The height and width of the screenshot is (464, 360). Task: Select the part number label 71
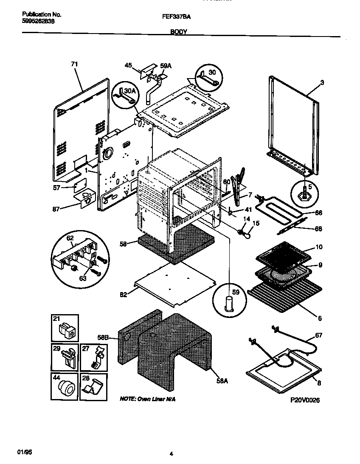click(74, 64)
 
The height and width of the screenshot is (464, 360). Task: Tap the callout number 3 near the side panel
click(322, 83)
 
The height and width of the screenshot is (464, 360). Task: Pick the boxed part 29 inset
click(65, 357)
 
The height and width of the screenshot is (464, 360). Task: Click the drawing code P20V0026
click(305, 400)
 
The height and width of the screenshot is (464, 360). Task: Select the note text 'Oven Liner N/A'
click(147, 399)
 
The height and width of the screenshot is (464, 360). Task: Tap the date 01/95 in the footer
click(25, 453)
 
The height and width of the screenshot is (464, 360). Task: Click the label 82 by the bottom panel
click(123, 294)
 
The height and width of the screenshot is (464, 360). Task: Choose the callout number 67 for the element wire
click(318, 335)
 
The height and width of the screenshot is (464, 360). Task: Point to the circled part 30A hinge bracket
click(124, 96)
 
